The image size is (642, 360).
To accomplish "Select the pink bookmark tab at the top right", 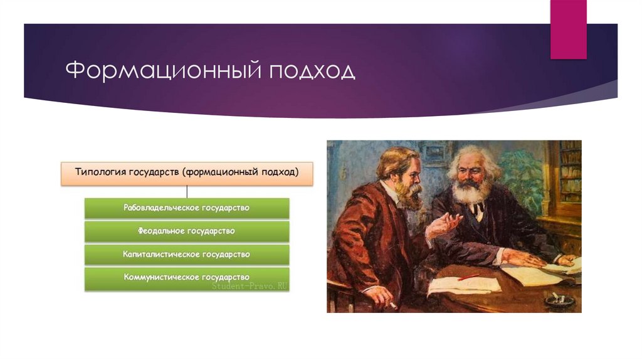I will [x=568, y=29].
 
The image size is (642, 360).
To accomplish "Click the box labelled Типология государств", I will [x=187, y=172].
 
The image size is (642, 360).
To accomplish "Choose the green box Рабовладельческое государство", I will [x=187, y=208].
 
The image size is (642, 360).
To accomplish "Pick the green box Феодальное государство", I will [x=187, y=231].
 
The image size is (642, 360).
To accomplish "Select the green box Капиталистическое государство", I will [x=187, y=255].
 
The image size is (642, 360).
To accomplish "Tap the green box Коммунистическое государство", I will [x=187, y=277].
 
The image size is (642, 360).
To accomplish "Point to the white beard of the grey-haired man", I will [x=470, y=192].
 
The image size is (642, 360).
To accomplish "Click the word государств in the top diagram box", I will [x=154, y=172].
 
